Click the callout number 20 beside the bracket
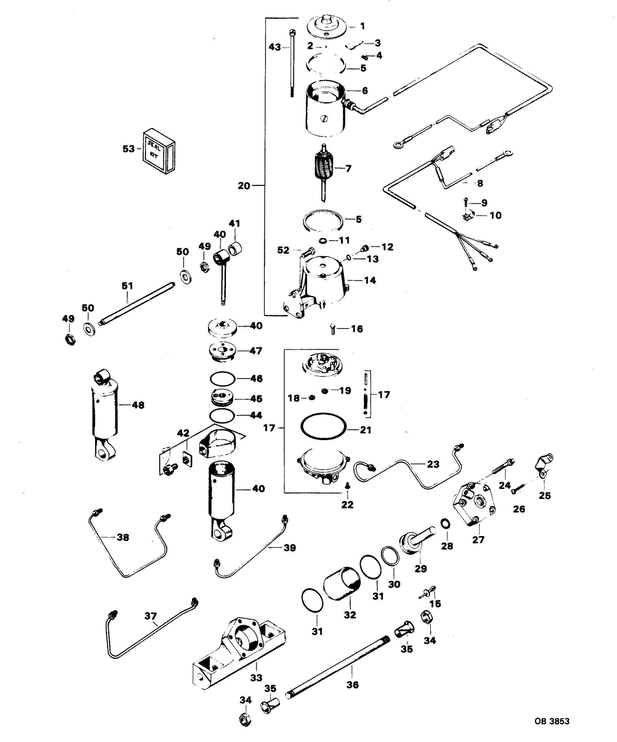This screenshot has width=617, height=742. tap(244, 186)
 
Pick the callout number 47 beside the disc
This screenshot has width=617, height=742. tap(256, 351)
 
